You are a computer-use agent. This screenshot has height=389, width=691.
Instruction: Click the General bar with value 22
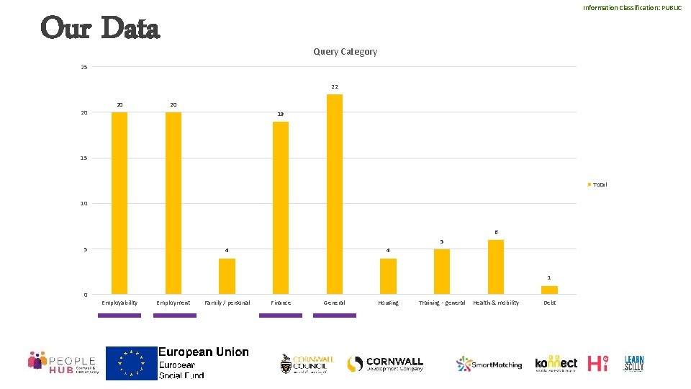[x=335, y=194]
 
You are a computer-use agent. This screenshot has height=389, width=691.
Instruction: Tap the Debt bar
[x=549, y=290]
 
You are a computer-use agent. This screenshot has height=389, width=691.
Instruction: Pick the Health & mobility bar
[x=495, y=267]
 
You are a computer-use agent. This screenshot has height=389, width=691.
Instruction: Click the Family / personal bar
[x=227, y=276]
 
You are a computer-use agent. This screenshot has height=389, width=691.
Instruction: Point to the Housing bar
[x=388, y=276]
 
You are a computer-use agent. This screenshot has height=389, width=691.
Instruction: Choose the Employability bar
[x=119, y=202]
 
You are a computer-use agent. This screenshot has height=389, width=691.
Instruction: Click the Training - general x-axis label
[x=442, y=303]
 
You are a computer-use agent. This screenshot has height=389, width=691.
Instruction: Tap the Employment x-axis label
[x=173, y=303]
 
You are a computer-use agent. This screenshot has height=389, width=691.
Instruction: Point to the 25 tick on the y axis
[x=84, y=68]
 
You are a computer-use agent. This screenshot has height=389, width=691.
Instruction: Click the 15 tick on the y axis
[x=84, y=158]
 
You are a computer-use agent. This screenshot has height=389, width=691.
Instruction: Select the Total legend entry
[x=597, y=184]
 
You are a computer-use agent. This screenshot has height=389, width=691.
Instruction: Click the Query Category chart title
[x=345, y=52]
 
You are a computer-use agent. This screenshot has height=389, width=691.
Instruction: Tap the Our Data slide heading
[x=100, y=29]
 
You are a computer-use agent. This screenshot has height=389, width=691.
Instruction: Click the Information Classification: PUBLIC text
[x=632, y=8]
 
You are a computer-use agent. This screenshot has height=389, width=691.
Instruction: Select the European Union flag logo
[x=132, y=363]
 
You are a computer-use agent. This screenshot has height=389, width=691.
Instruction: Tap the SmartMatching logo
[x=489, y=365]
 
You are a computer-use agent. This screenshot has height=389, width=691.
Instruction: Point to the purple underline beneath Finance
[x=281, y=315]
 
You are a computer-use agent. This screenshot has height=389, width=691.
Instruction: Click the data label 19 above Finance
[x=281, y=115]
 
